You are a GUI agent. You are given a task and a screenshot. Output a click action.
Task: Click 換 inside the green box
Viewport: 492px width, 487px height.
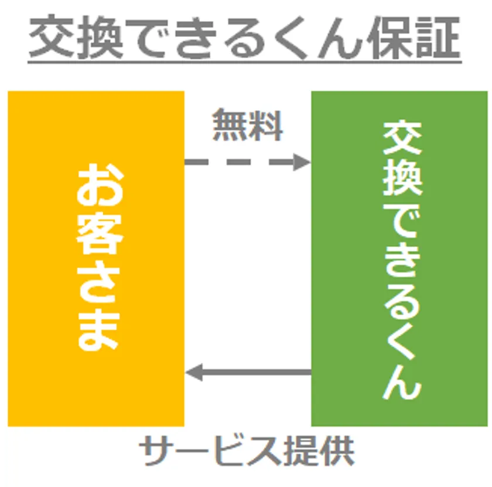(x=402, y=175)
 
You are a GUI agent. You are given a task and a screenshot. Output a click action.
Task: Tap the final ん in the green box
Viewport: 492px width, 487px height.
(x=402, y=384)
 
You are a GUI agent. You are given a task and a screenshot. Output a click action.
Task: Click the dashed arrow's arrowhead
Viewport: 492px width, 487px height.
(x=302, y=161)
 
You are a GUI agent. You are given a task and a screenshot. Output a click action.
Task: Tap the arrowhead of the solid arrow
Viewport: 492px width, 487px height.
(x=193, y=372)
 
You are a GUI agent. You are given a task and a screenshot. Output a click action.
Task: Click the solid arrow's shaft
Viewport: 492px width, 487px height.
(x=258, y=372)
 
